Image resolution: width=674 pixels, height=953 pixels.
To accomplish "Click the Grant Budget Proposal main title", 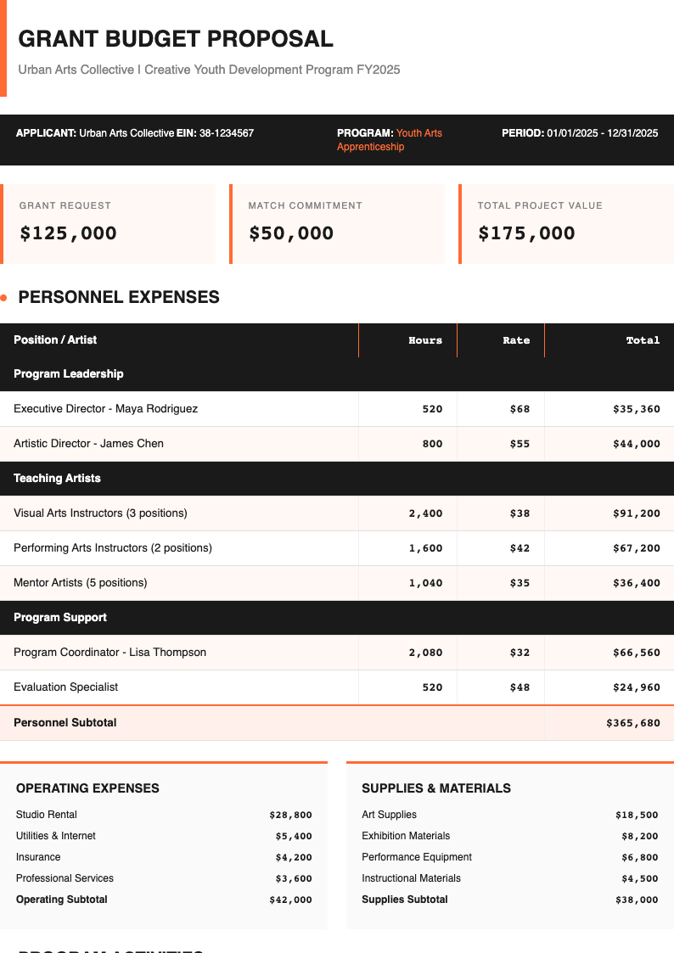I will [176, 39].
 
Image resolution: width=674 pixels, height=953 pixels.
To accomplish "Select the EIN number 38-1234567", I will [227, 133].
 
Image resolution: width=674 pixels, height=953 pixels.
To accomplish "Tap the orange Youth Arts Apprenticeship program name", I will [390, 140].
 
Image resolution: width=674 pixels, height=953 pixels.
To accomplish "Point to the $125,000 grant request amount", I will [69, 233].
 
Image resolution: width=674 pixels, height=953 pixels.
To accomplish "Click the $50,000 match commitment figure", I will [291, 233].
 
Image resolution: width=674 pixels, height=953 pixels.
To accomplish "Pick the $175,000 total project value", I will [526, 233].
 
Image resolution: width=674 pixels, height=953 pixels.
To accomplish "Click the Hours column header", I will [425, 340].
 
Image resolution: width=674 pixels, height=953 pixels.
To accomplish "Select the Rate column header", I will [516, 340].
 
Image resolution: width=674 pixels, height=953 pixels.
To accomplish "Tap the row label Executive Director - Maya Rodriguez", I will [106, 409].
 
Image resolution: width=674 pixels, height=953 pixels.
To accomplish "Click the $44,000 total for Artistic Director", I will [637, 444].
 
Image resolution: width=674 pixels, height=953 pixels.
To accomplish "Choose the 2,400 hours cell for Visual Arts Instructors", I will [425, 513].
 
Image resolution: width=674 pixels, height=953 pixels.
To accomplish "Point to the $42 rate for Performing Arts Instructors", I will [520, 548].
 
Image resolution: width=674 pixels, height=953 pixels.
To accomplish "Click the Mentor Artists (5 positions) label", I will [81, 583].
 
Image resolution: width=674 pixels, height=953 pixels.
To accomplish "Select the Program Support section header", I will [60, 618].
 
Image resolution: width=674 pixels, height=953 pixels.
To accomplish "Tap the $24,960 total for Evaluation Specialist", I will [637, 687].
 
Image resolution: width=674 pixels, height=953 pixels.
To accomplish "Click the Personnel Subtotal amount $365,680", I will [633, 723].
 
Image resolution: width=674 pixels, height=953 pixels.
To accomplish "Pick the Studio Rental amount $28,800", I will [290, 815].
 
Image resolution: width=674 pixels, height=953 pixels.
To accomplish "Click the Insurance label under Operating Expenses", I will [38, 857].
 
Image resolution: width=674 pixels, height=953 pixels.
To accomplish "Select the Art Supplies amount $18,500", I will [637, 815].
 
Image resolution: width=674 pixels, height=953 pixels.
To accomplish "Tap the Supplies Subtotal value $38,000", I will [637, 900].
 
